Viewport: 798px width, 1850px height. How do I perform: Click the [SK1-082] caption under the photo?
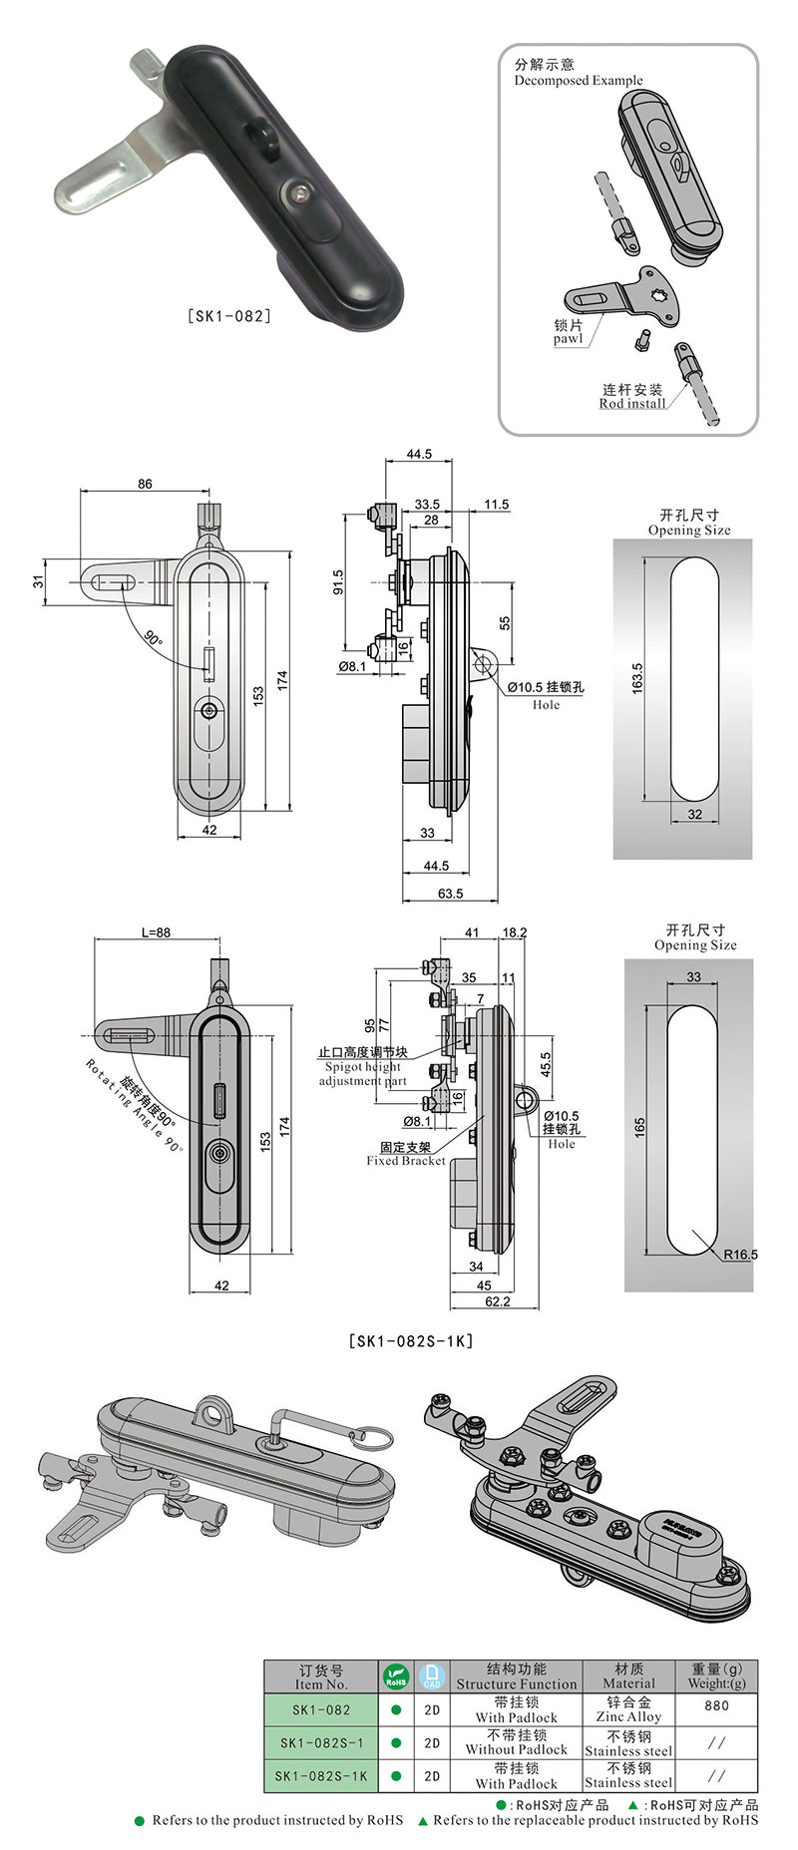tap(229, 317)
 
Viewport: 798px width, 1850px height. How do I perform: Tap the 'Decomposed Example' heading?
tap(579, 81)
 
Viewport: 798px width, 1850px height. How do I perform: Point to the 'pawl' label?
tap(568, 339)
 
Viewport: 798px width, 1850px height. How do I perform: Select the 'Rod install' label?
tap(632, 403)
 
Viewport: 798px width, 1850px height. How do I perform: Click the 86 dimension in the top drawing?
tap(146, 484)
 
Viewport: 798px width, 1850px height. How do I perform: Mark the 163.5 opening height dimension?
tap(637, 678)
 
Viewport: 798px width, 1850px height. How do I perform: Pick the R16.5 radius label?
tap(740, 1254)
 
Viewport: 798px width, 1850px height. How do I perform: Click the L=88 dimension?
tap(156, 932)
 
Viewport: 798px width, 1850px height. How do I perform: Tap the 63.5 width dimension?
tap(451, 894)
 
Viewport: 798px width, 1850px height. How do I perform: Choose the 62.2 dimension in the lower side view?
tap(497, 1301)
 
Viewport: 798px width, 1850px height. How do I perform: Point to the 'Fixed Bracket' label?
tap(406, 1160)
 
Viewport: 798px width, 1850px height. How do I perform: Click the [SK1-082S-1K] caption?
tap(411, 1341)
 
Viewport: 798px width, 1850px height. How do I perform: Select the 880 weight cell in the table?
tap(716, 1705)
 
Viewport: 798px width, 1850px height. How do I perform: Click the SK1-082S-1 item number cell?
tap(321, 1743)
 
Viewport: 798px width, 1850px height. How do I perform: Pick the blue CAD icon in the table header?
tap(431, 1675)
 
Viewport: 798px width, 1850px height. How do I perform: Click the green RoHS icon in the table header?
tap(396, 1675)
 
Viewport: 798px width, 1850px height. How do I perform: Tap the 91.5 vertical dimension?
tap(337, 582)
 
